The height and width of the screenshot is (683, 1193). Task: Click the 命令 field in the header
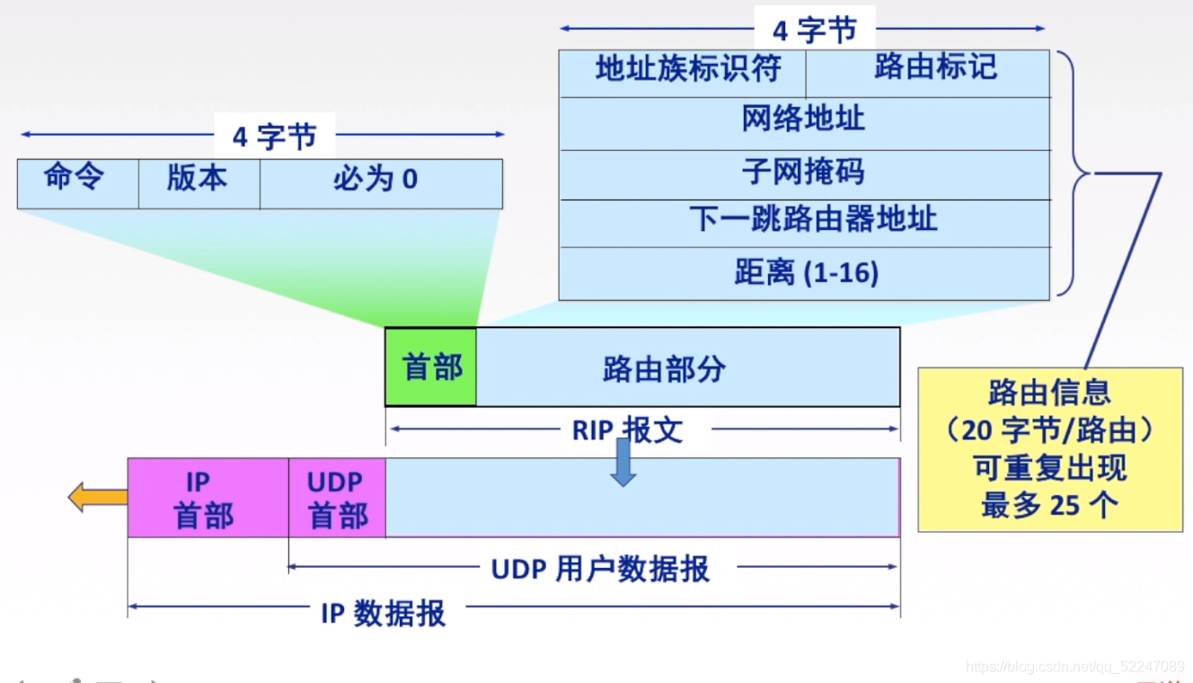(77, 182)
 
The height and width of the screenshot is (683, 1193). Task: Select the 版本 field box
(199, 182)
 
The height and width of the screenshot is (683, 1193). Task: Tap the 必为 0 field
(380, 182)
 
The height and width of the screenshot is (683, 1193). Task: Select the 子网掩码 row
(804, 173)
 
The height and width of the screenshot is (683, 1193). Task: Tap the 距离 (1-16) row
(804, 273)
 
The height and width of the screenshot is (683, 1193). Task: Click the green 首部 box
(431, 368)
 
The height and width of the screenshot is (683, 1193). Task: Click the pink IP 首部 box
(208, 498)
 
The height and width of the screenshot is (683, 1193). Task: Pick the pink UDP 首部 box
(337, 498)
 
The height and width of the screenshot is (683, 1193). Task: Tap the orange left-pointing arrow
(97, 497)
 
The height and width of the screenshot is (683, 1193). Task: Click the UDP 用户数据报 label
(599, 568)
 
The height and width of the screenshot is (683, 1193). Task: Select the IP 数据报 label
(383, 613)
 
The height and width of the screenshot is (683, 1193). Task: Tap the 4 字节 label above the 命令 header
(274, 136)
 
